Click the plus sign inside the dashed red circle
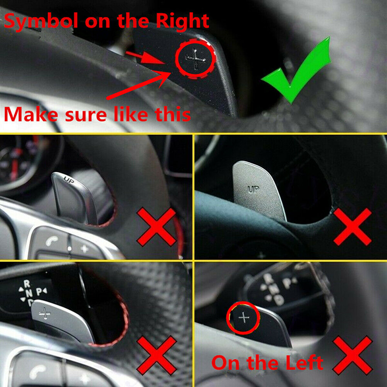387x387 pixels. point(196,59)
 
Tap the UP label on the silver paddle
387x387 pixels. point(254,189)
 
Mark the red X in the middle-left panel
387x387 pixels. point(157,227)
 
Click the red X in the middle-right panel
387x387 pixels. point(353,227)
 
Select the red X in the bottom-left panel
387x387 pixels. point(157,355)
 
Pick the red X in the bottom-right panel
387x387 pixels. point(353,355)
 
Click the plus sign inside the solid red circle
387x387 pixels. point(244,317)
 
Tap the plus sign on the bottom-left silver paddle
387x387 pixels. point(45,314)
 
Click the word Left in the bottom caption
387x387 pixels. point(304,363)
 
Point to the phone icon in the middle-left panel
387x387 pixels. point(51,240)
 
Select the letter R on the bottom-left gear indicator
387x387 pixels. point(27,284)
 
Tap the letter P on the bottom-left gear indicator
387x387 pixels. point(39,292)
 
